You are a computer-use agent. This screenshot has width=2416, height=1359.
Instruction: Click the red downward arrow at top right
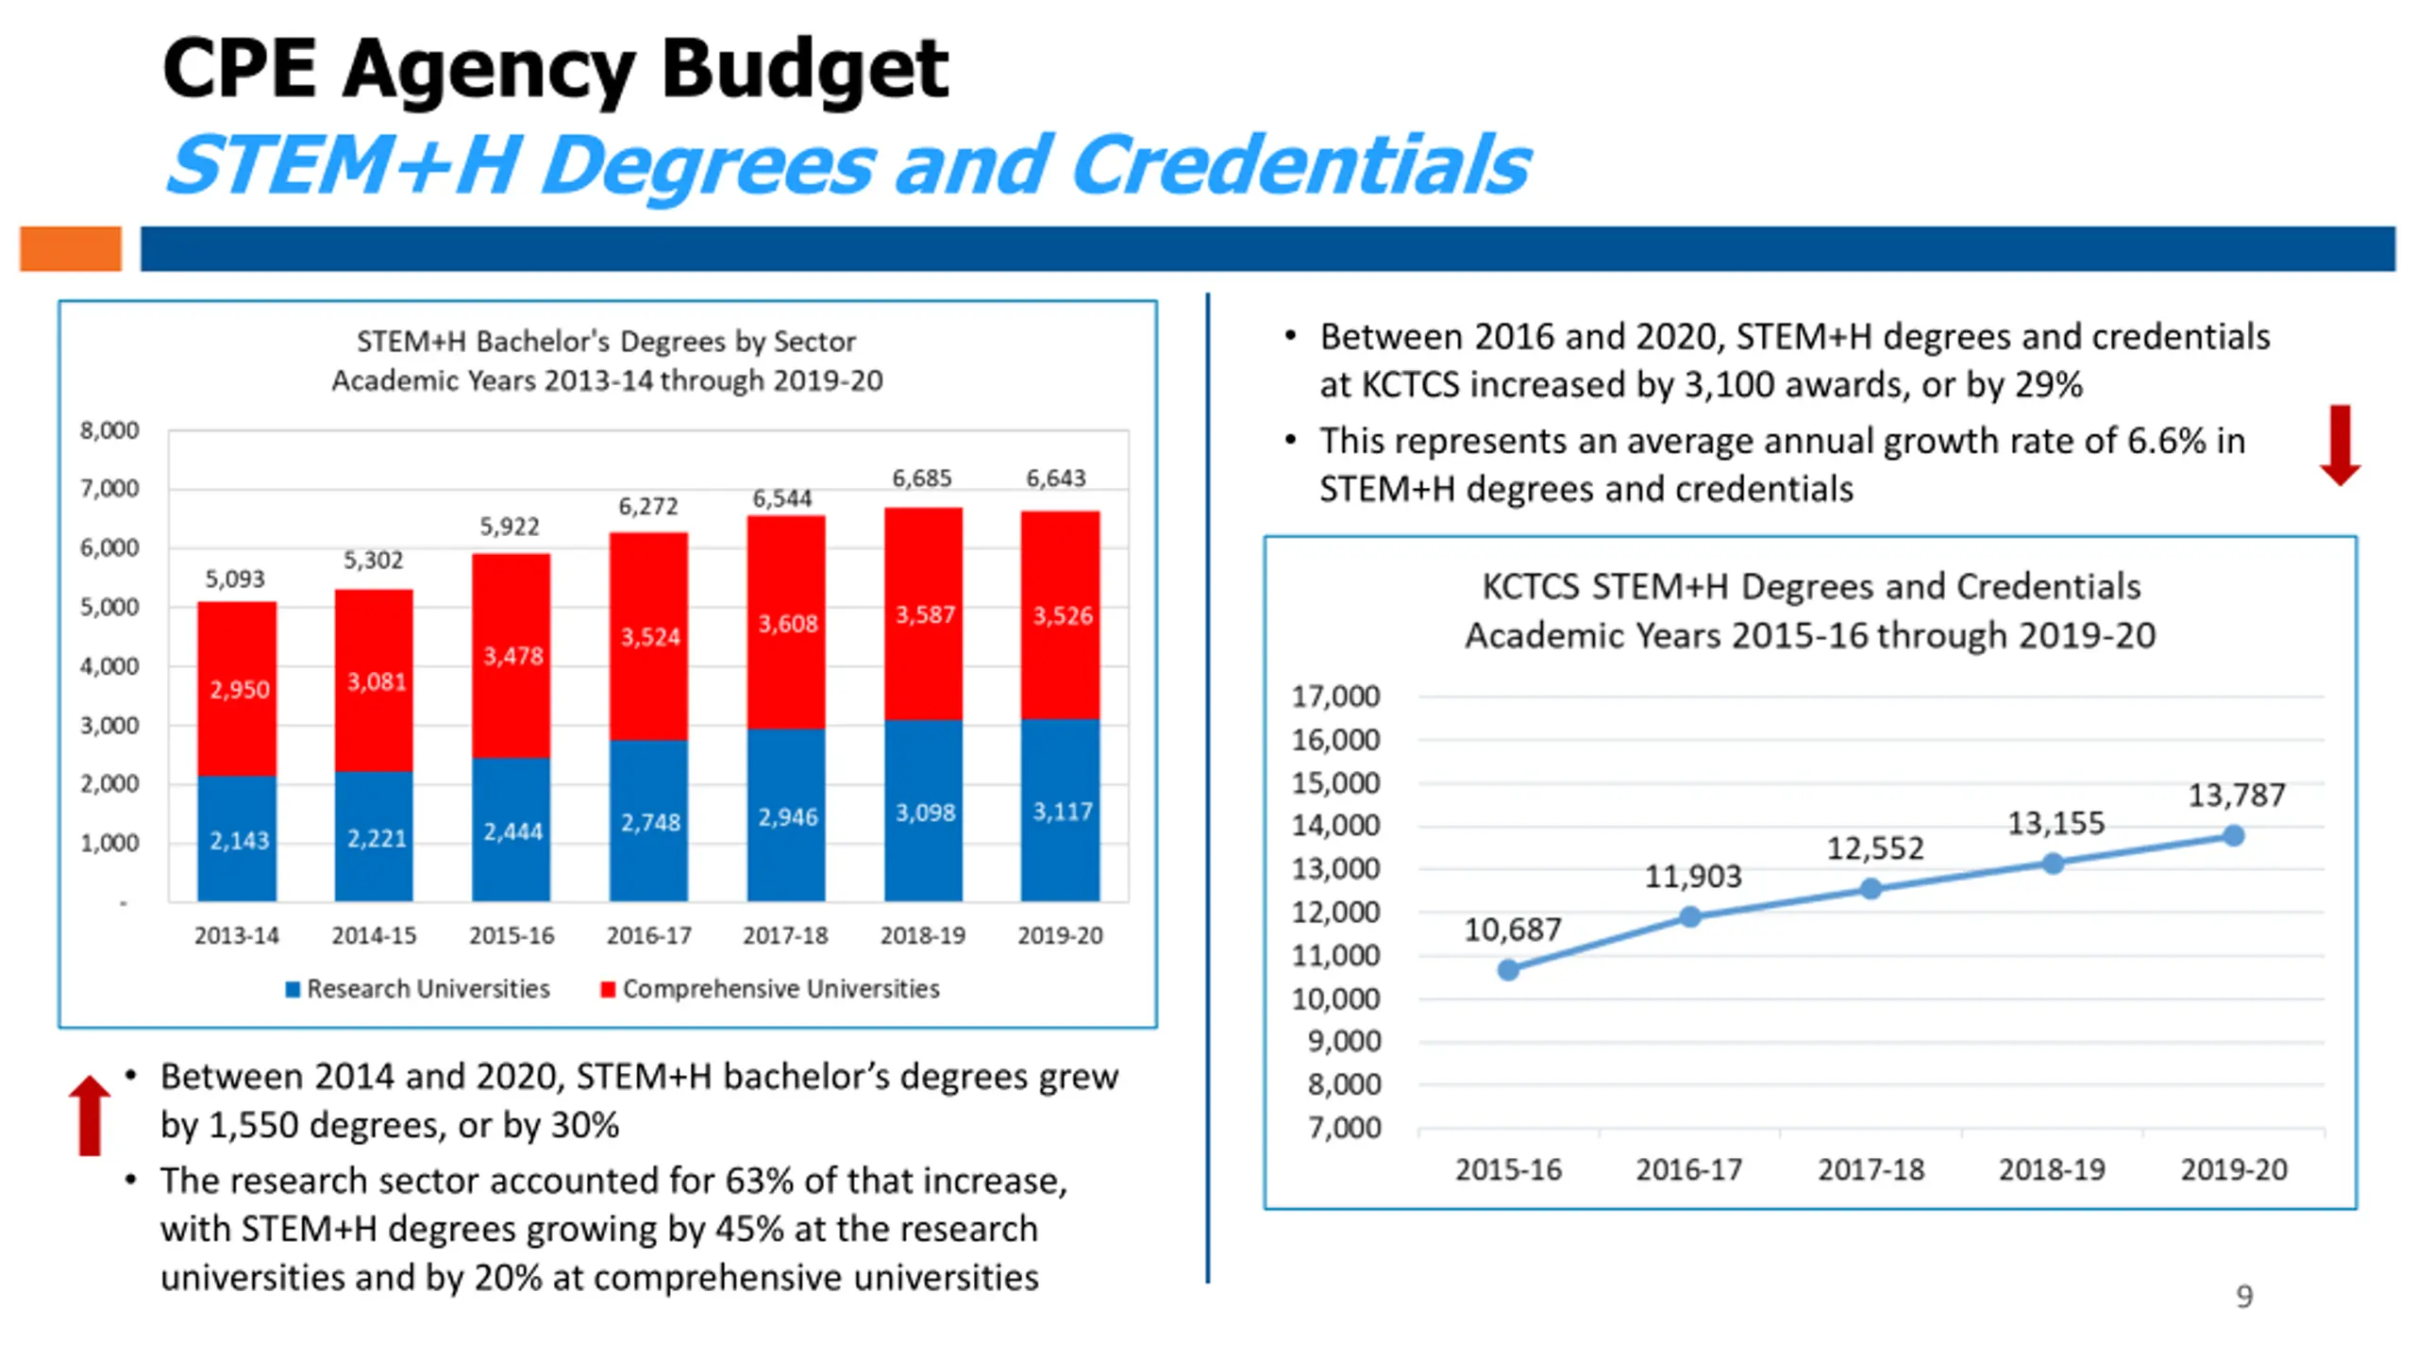pyautogui.click(x=2340, y=445)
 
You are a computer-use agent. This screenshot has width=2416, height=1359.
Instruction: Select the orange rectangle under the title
pyautogui.click(x=71, y=249)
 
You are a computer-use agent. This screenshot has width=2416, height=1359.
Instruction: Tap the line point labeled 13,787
pyautogui.click(x=2233, y=835)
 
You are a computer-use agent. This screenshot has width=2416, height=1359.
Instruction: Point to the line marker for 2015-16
pyautogui.click(x=1508, y=969)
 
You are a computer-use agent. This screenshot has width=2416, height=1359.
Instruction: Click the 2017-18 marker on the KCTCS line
pyautogui.click(x=1871, y=889)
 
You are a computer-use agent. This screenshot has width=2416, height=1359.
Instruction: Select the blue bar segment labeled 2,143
pyautogui.click(x=237, y=838)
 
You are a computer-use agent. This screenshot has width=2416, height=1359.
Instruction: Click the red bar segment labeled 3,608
pyautogui.click(x=786, y=623)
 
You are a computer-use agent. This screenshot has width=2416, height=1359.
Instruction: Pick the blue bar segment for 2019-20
pyautogui.click(x=1060, y=810)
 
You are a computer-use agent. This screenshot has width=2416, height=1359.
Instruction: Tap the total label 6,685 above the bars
pyautogui.click(x=922, y=478)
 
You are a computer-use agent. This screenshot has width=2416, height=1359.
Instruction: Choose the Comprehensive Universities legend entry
pyautogui.click(x=770, y=988)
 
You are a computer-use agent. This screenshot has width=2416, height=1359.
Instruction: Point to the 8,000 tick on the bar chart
pyautogui.click(x=109, y=430)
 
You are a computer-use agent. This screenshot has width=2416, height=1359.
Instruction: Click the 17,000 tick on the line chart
pyautogui.click(x=1335, y=696)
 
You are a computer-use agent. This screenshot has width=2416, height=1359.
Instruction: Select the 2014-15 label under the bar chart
pyautogui.click(x=374, y=935)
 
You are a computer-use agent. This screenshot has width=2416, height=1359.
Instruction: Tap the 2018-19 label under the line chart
pyautogui.click(x=2052, y=1169)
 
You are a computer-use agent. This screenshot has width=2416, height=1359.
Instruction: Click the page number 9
pyautogui.click(x=2244, y=1297)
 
